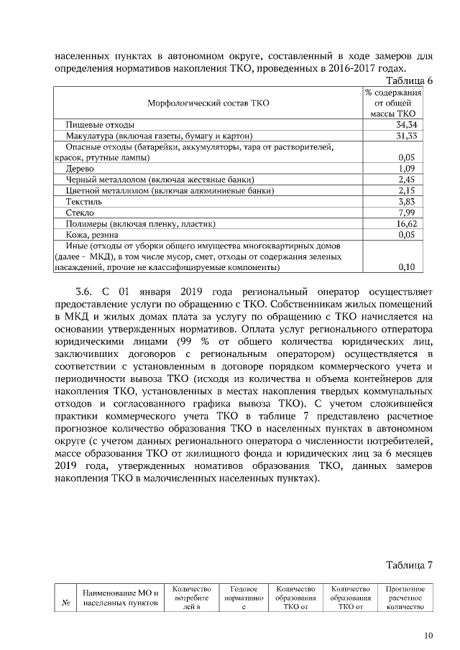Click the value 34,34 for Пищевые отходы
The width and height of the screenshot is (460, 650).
(x=408, y=125)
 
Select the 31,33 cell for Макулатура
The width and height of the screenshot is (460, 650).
(x=408, y=136)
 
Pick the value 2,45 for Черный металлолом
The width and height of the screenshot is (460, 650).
(x=408, y=179)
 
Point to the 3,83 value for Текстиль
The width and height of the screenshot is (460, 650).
(x=408, y=202)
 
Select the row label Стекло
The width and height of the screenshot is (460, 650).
(x=80, y=213)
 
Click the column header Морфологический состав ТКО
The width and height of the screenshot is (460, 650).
(x=208, y=104)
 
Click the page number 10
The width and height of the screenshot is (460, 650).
(x=428, y=635)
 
